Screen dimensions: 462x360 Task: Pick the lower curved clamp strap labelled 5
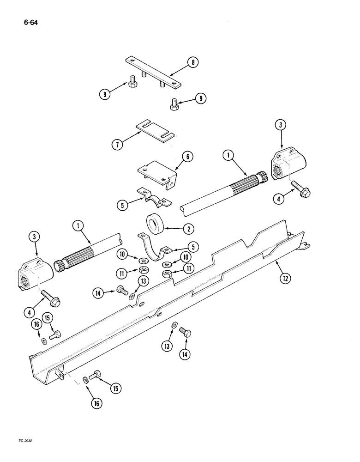154,248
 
